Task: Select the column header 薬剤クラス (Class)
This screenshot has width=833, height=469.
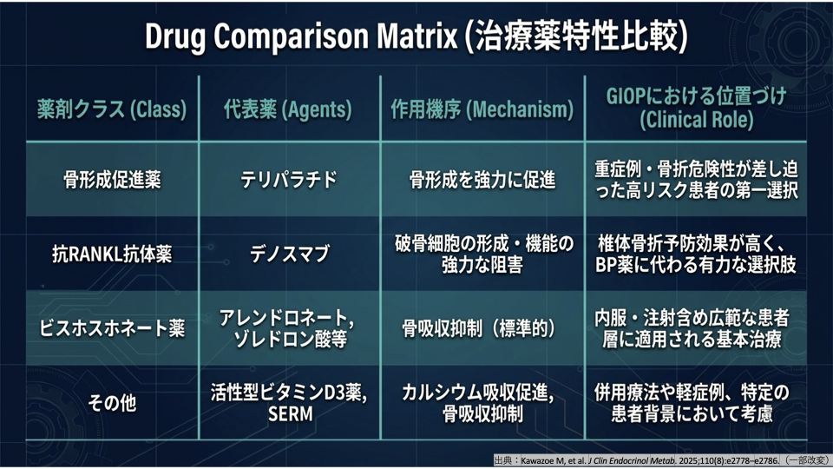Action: coord(112,109)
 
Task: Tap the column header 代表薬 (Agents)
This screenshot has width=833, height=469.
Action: coord(287,109)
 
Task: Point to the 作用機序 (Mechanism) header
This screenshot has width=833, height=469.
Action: coord(482,109)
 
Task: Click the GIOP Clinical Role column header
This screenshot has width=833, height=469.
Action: coord(696,109)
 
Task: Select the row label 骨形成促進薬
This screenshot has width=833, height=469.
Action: coord(112,180)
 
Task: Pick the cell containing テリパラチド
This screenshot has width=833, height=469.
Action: coord(288,180)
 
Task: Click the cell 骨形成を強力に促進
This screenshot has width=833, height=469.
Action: coord(482,180)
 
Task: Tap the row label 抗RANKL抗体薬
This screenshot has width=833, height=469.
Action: coord(112,254)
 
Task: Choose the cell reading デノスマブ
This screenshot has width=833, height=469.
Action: coord(290,254)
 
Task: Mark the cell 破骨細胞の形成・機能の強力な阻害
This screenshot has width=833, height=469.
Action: coord(483,254)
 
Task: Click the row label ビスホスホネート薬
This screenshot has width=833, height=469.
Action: coord(112,328)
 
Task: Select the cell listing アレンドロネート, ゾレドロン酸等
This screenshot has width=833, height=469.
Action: coord(287,328)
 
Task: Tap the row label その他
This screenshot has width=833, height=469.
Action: coord(112,402)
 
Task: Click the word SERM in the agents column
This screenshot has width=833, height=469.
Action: coord(290,413)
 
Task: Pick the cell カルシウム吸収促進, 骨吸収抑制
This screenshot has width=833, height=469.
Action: coord(478,403)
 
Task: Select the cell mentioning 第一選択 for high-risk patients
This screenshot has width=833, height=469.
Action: coord(696,180)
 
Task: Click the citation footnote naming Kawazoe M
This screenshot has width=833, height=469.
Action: coord(661,460)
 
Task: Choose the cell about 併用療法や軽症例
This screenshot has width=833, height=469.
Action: coord(692,403)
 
